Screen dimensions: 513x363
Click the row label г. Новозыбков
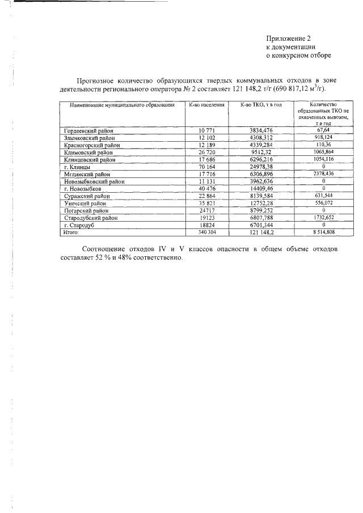tap(83, 189)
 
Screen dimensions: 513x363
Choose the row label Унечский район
tap(86, 203)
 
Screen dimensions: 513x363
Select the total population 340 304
tap(205, 232)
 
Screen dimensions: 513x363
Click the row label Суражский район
tap(87, 196)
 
